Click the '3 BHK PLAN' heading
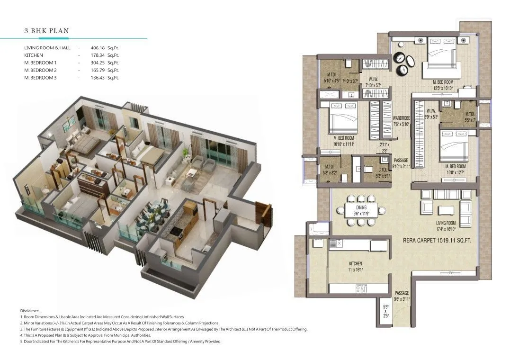tap(47, 31)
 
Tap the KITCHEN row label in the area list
tap(34, 55)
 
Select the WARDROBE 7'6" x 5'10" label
tap(401, 121)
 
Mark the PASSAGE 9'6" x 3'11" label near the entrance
tap(401, 296)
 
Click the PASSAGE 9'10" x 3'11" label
tap(401, 163)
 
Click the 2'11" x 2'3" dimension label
tap(384, 147)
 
